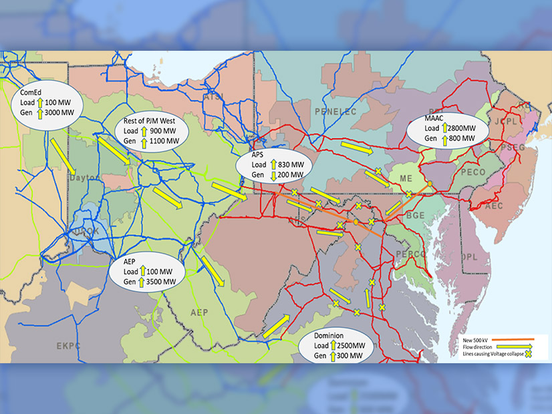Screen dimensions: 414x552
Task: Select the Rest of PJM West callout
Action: tap(154, 131)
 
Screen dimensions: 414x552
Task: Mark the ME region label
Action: tap(406, 178)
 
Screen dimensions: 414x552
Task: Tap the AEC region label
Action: tap(493, 207)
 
